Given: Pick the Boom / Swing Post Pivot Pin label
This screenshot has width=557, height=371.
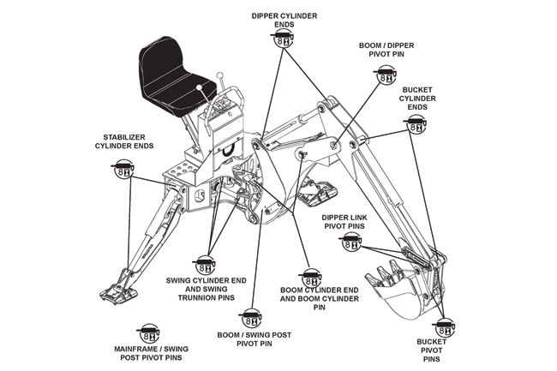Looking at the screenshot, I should (x=252, y=339).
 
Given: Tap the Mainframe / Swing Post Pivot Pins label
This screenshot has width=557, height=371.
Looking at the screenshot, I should (x=151, y=353).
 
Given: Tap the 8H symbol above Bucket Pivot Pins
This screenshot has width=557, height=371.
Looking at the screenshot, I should (x=444, y=328).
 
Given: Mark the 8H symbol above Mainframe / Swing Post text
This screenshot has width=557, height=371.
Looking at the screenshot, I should (x=150, y=332).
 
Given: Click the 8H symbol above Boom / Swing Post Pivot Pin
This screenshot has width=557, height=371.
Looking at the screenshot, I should (x=252, y=315).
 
